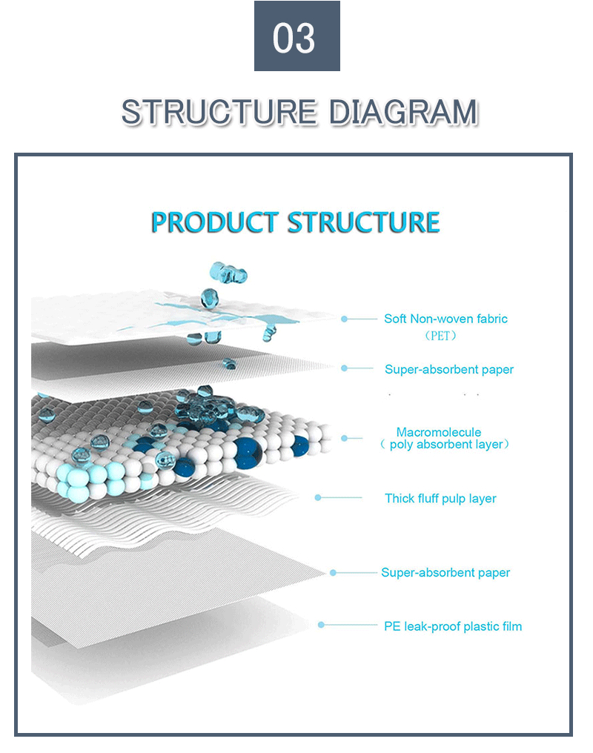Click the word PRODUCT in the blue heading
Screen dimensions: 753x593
(x=215, y=222)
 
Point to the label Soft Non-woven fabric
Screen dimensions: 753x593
(x=445, y=319)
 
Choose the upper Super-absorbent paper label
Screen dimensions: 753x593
(x=448, y=369)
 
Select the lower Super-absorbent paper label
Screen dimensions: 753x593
(x=445, y=572)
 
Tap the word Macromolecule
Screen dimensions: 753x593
(x=439, y=432)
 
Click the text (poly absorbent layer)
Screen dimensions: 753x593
(x=445, y=445)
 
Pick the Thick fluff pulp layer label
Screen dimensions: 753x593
(x=440, y=498)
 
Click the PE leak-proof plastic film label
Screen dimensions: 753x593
(x=452, y=626)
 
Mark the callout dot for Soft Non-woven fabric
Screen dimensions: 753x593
(x=344, y=319)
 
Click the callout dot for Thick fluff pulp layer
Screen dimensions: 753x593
(x=318, y=497)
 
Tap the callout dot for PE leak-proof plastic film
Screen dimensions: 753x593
(x=321, y=625)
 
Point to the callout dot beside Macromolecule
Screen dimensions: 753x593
(x=344, y=438)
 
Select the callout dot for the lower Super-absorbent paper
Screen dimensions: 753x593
(x=333, y=572)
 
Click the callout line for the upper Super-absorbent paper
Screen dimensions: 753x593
(x=360, y=368)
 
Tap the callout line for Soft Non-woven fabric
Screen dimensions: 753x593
(x=363, y=319)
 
